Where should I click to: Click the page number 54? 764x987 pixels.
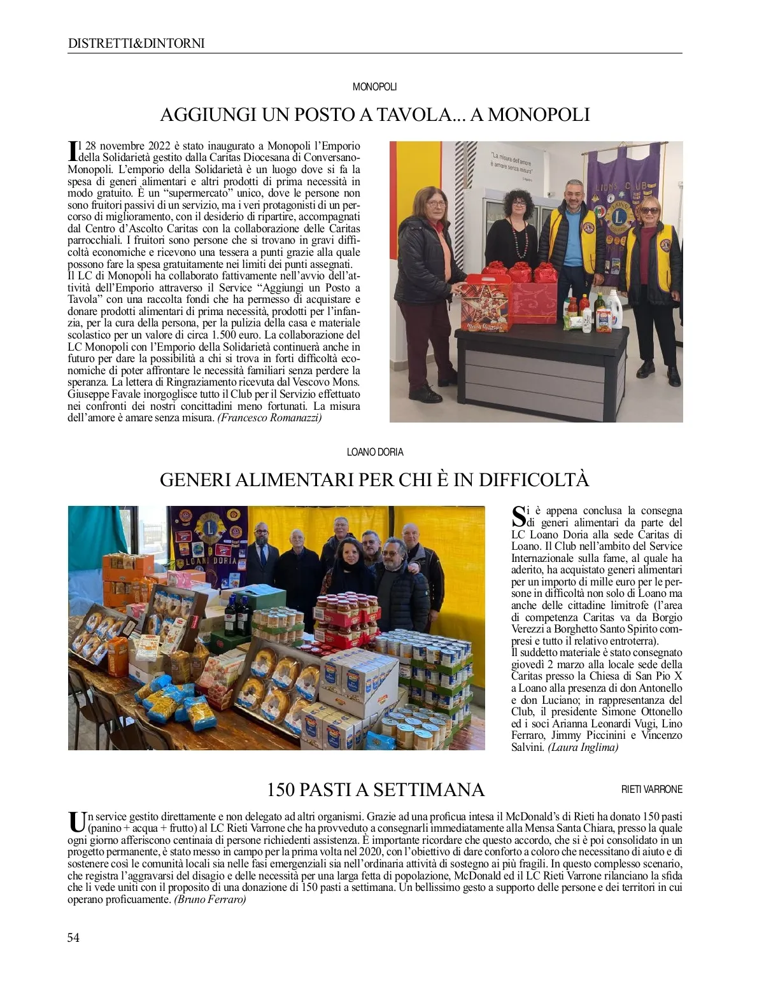click(x=74, y=937)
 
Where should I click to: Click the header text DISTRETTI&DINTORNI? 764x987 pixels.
click(x=136, y=43)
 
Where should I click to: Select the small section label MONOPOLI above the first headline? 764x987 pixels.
click(x=375, y=87)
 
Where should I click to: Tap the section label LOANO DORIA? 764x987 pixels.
click(x=375, y=452)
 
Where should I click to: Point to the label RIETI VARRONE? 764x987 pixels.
click(x=651, y=789)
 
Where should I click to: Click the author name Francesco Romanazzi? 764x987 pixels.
click(x=270, y=417)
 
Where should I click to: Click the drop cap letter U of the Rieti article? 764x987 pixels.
click(x=76, y=821)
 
